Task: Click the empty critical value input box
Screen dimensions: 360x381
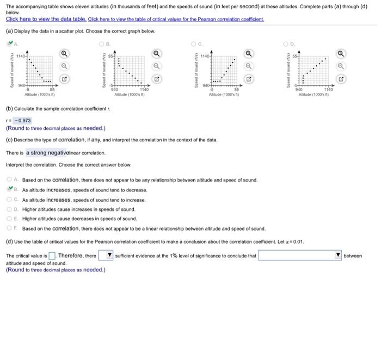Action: click(52, 256)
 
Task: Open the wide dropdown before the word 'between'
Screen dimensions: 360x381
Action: click(299, 256)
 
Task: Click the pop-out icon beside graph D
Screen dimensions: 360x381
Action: click(341, 79)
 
